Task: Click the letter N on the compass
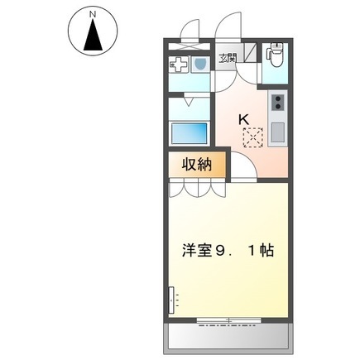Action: pyautogui.click(x=93, y=15)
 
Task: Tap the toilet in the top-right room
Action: pyautogui.click(x=275, y=55)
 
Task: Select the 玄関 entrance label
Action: pyautogui.click(x=228, y=59)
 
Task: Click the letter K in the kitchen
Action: pyautogui.click(x=243, y=119)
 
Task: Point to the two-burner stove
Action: pyautogui.click(x=277, y=103)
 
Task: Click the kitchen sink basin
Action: pyautogui.click(x=277, y=132)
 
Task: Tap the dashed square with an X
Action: pyautogui.click(x=253, y=137)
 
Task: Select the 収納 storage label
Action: pyautogui.click(x=197, y=165)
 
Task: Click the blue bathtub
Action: pyautogui.click(x=190, y=133)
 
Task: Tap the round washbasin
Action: pyautogui.click(x=200, y=65)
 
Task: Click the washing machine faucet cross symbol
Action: pyautogui.click(x=179, y=65)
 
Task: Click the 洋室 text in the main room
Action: pyautogui.click(x=196, y=251)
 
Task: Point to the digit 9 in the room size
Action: pyautogui.click(x=220, y=251)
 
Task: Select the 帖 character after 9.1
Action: pyautogui.click(x=266, y=251)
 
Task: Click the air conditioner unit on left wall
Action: pyautogui.click(x=171, y=300)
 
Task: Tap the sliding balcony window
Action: pyautogui.click(x=229, y=320)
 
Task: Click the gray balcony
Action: pyautogui.click(x=228, y=337)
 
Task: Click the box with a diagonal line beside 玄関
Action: pyautogui.click(x=250, y=52)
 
